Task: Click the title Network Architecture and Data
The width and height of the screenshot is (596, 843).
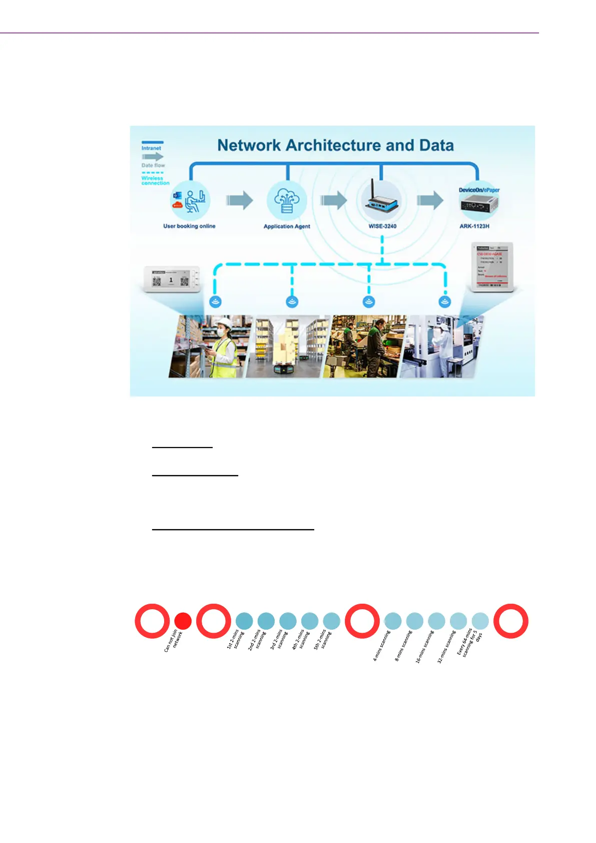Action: (x=335, y=145)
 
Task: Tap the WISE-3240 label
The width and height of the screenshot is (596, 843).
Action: (x=382, y=226)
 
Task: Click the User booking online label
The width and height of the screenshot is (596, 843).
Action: (x=189, y=226)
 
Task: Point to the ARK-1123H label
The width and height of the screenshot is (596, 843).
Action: (x=474, y=226)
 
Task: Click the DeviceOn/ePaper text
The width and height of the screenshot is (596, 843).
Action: (x=479, y=190)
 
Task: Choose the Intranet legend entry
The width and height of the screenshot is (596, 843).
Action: (x=151, y=148)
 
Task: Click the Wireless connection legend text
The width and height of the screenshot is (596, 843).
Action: (x=155, y=181)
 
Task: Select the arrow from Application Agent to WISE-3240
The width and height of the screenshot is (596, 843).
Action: (x=333, y=201)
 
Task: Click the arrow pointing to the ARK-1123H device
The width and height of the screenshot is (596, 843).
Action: (x=430, y=201)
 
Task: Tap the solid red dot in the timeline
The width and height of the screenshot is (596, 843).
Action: (x=183, y=621)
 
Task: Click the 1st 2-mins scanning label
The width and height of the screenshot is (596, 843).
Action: (x=235, y=640)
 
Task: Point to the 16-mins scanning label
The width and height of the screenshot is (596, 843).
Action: (x=424, y=647)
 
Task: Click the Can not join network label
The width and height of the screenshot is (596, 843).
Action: (x=174, y=641)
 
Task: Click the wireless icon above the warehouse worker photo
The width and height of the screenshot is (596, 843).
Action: (x=216, y=302)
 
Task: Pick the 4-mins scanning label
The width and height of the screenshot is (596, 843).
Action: (x=381, y=646)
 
